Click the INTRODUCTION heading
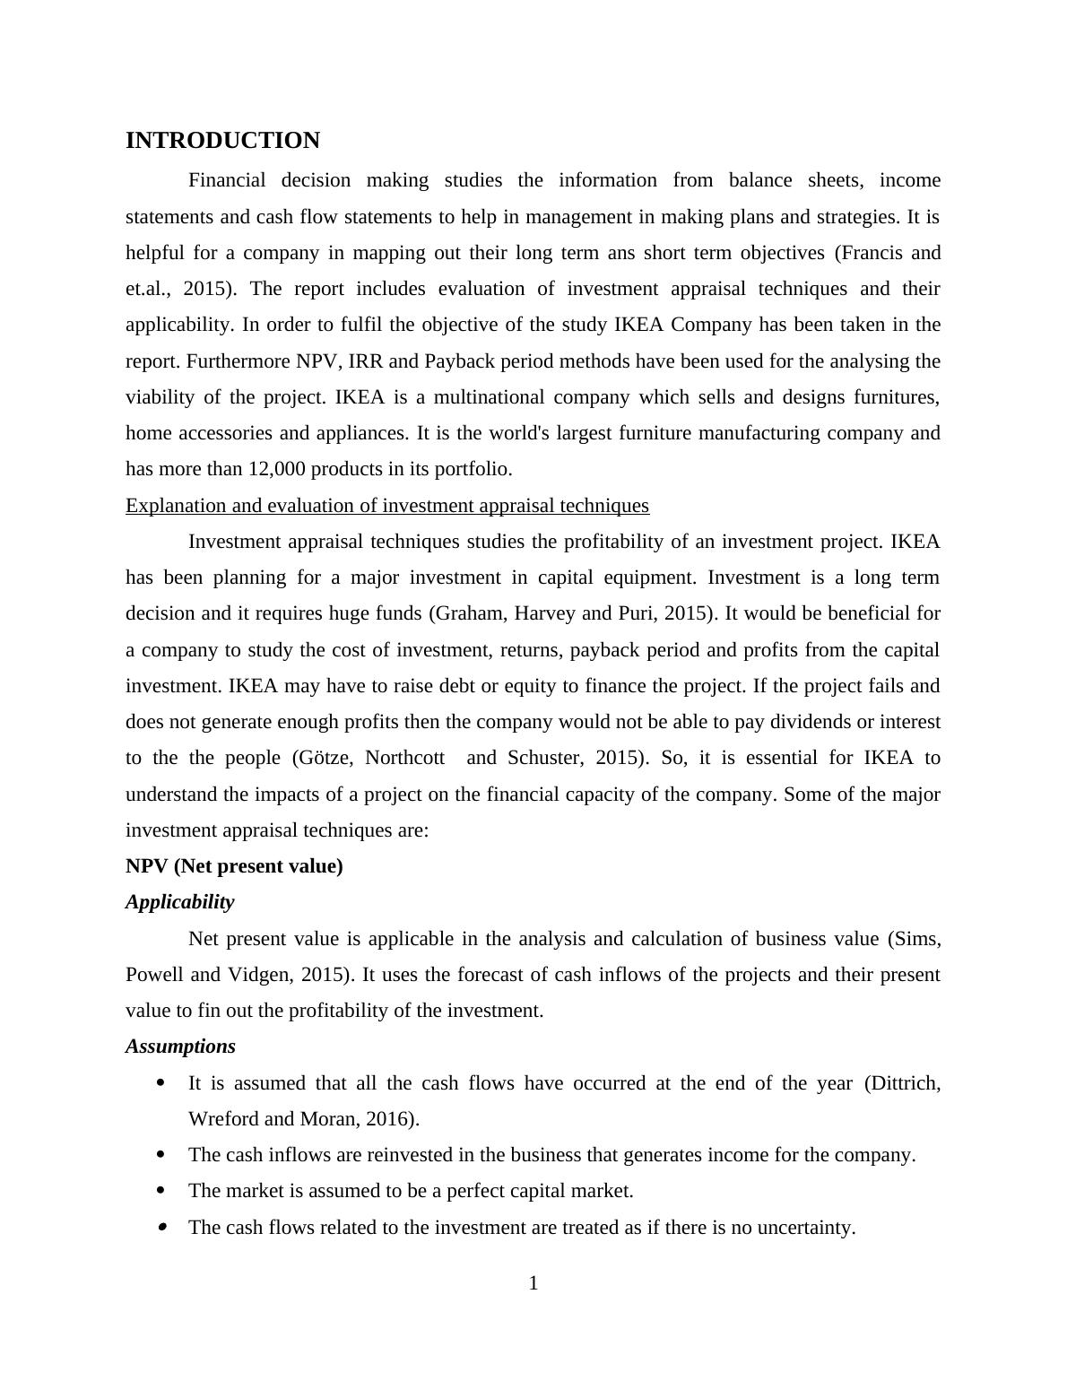[222, 141]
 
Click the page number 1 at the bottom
[533, 1284]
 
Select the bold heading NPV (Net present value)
[234, 866]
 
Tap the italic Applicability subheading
[179, 902]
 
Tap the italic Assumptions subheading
[180, 1047]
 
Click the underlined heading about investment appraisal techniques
[386, 506]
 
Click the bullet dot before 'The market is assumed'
[161, 1191]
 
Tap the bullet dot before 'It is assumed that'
[161, 1083]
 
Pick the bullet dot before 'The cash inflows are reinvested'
[161, 1155]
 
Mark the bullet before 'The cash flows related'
[161, 1227]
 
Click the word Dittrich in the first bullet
[905, 1083]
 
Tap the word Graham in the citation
[465, 614]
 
